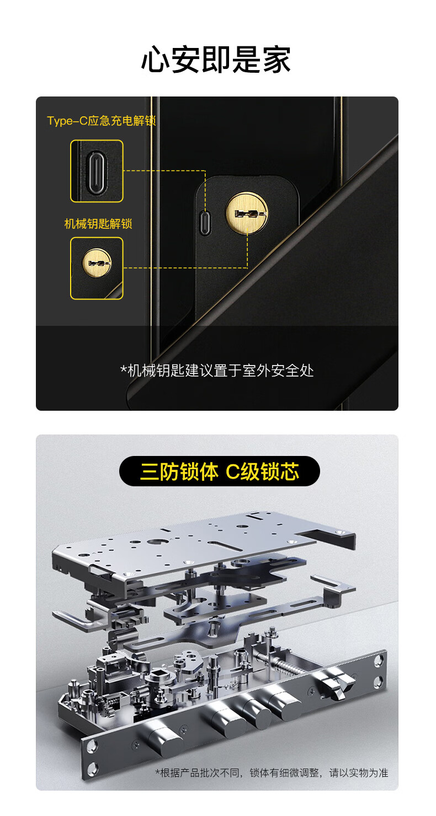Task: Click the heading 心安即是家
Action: point(216,60)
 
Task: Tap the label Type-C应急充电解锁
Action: point(102,121)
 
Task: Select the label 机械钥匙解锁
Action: point(98,224)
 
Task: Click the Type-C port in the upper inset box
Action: point(97,171)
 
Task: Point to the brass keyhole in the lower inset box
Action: point(96,263)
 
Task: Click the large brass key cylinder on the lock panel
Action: point(247,213)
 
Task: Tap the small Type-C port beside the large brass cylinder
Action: point(206,222)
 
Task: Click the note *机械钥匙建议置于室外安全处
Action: point(217,371)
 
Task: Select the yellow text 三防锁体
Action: point(179,472)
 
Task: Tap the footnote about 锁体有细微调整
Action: point(272,772)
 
